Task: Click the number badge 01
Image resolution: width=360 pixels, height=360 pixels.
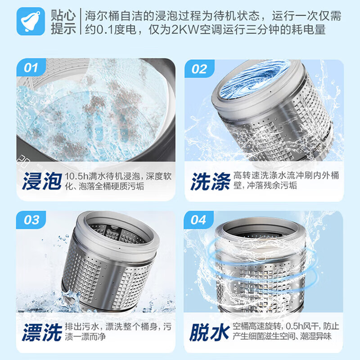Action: point(31,68)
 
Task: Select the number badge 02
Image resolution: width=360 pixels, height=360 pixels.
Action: point(199,69)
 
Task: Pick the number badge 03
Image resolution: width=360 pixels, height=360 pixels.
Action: point(31,220)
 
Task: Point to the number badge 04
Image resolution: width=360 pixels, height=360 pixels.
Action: point(199,220)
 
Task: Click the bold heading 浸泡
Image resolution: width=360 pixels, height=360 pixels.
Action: point(41,181)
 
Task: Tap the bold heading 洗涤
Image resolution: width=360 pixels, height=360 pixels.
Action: point(210,181)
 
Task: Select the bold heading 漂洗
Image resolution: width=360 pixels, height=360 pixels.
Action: point(41,332)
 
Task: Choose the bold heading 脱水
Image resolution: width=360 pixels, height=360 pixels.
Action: point(210,332)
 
